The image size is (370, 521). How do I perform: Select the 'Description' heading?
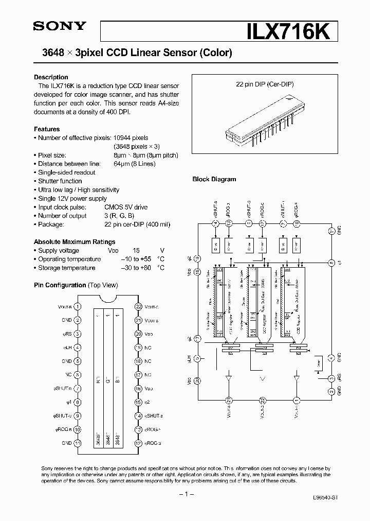coord(51,77)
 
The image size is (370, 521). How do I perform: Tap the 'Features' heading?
coord(47,129)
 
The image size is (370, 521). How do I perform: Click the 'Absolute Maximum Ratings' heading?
coord(75,241)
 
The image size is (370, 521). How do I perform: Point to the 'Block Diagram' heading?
coord(214,179)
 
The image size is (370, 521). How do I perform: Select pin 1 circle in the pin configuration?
coord(77,306)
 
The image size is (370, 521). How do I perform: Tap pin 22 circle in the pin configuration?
coord(138,306)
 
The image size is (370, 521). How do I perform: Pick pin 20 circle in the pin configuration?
coord(138,334)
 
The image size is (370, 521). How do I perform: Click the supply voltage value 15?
coord(136,250)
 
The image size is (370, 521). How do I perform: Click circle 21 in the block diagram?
coord(229,399)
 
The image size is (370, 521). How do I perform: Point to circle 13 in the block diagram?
coord(229,222)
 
